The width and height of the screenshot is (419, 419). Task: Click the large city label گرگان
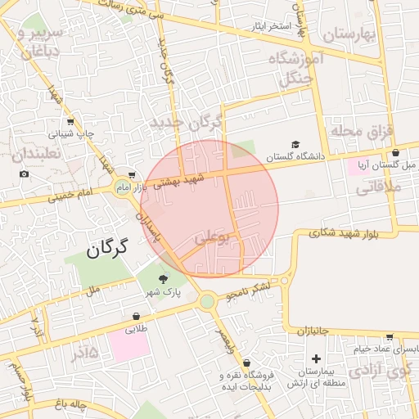coord(108,248)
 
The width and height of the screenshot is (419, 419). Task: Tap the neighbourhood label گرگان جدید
coord(187,123)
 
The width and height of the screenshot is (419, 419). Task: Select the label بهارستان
coord(347,34)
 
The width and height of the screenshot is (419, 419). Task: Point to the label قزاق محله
coord(363,130)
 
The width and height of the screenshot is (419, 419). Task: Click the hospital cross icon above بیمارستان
coord(316,358)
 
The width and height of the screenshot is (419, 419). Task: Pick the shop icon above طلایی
coord(135,317)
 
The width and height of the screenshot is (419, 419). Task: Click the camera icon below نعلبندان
coord(24,173)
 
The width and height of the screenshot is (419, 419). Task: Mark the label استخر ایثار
coord(271,26)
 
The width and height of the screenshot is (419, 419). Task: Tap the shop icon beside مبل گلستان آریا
coord(396,153)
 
